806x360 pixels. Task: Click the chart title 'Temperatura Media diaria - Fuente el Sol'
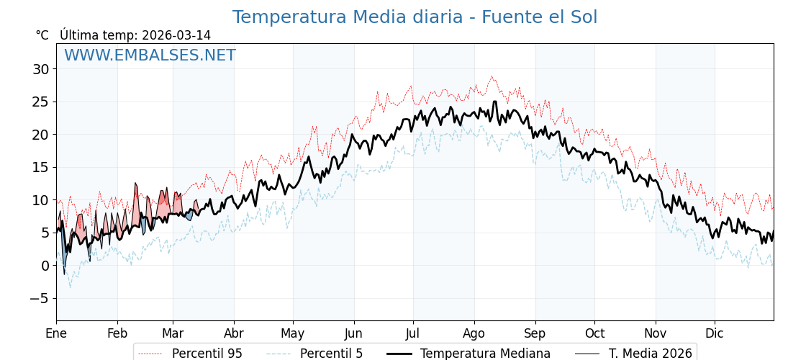pyautogui.click(x=415, y=17)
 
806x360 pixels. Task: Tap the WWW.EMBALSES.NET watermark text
pyautogui.click(x=150, y=55)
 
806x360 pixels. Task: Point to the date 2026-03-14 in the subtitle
pyautogui.click(x=176, y=35)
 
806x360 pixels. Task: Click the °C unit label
pyautogui.click(x=42, y=35)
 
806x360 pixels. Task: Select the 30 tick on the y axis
pyautogui.click(x=40, y=69)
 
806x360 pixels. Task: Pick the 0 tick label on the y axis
pyautogui.click(x=45, y=266)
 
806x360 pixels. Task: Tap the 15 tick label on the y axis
pyautogui.click(x=40, y=167)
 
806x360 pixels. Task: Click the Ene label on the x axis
pyautogui.click(x=56, y=333)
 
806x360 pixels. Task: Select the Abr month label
pyautogui.click(x=234, y=333)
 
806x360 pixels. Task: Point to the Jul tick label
pyautogui.click(x=413, y=333)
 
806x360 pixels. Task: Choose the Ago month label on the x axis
pyautogui.click(x=474, y=333)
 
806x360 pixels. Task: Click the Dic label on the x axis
pyautogui.click(x=715, y=333)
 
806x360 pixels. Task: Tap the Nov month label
pyautogui.click(x=656, y=333)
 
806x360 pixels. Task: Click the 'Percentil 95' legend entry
pyautogui.click(x=207, y=354)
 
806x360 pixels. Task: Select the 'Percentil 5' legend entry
pyautogui.click(x=331, y=354)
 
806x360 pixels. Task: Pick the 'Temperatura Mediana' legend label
pyautogui.click(x=485, y=354)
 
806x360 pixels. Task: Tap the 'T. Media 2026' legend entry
pyautogui.click(x=650, y=354)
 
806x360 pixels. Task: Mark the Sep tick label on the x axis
pyautogui.click(x=535, y=333)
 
